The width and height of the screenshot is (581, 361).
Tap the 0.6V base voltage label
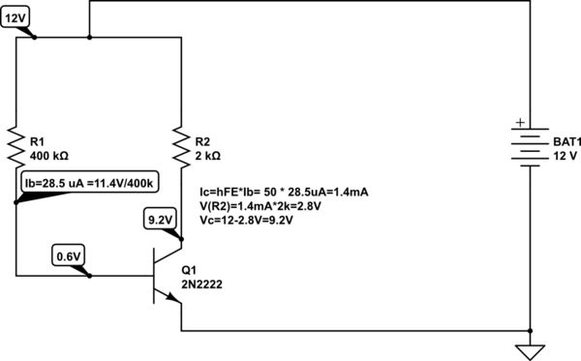pos(67,256)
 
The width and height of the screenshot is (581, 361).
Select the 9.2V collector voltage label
pos(160,220)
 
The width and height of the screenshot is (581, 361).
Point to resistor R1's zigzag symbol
pos(17,145)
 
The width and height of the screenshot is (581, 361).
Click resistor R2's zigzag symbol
pos(182,145)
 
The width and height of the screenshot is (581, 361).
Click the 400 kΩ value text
pos(50,155)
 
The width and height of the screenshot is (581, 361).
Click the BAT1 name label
pos(565,139)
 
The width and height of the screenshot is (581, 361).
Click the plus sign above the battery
pos(521,123)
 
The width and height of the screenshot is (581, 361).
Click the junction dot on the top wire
pos(90,39)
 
